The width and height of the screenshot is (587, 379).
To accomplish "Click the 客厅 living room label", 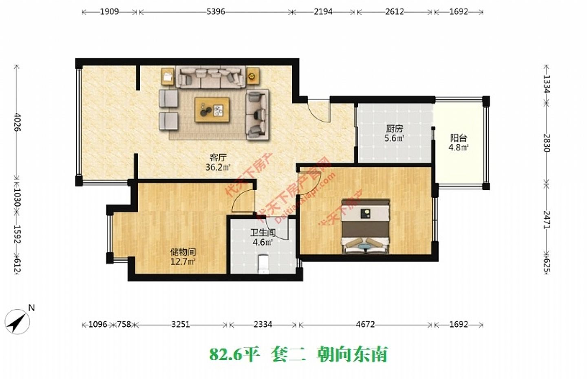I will tap(218, 157).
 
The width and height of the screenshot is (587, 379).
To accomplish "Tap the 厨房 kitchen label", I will tap(394, 129).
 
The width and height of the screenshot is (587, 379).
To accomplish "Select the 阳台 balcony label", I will tap(458, 138).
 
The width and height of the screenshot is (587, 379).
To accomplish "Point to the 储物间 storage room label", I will tap(183, 252).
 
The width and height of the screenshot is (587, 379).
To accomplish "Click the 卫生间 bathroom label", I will tap(263, 233).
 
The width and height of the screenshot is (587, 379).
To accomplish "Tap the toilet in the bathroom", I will tap(263, 263).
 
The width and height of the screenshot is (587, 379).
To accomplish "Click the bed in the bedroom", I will tap(365, 226).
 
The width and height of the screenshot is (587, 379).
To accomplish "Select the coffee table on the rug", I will tap(212, 109).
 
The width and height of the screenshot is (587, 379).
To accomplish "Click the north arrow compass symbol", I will tap(18, 321).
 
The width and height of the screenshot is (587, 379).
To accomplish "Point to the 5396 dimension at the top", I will tap(216, 12).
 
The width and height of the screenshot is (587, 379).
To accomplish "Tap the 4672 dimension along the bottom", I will tap(365, 325).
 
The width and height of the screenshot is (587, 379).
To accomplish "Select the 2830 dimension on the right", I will tap(547, 143).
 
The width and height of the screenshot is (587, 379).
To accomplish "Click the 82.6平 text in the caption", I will tap(234, 354).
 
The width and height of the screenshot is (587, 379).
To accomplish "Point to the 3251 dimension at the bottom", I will tap(180, 325).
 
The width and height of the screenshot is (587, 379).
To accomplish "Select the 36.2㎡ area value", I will tap(218, 167).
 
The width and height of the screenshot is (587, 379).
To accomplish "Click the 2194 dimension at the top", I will tap(323, 12).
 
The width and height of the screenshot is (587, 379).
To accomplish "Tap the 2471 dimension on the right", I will tap(547, 219).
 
